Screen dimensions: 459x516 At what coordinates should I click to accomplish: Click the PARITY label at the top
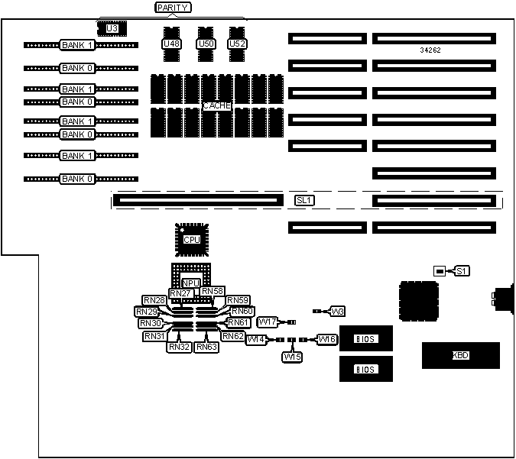[172, 8]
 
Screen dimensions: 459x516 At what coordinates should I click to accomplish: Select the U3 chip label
[112, 28]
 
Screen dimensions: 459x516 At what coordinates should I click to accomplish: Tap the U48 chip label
[171, 44]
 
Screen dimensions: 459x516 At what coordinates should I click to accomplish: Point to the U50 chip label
[206, 44]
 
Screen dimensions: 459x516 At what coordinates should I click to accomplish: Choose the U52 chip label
[237, 44]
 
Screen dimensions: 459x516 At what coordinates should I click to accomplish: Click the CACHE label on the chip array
[217, 106]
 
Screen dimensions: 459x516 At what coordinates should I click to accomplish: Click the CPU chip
[191, 239]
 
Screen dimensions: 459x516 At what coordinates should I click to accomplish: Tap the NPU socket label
[190, 283]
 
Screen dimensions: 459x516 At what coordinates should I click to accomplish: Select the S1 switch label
[462, 271]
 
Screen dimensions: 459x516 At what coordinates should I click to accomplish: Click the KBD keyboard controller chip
[460, 355]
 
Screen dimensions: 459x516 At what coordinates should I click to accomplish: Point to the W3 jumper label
[338, 312]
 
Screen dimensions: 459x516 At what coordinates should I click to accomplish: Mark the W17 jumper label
[268, 322]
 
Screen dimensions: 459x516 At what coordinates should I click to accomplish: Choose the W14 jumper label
[256, 340]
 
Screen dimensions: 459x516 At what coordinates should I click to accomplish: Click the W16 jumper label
[326, 339]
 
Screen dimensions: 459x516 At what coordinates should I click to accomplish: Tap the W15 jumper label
[292, 357]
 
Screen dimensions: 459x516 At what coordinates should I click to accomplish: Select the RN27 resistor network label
[180, 293]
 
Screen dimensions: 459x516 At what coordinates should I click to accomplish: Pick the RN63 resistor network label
[206, 347]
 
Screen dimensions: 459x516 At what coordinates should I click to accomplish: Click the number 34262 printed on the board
[430, 50]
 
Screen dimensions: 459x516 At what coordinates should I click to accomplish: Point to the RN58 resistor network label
[213, 291]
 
